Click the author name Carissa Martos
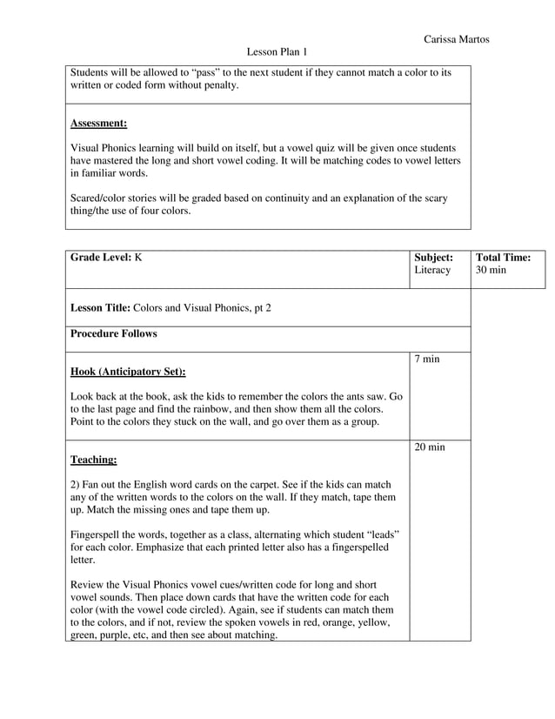click(x=456, y=39)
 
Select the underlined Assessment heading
click(x=98, y=124)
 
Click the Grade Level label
click(x=100, y=258)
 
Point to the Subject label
click(x=433, y=258)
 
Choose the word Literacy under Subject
click(x=432, y=271)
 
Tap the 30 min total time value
click(x=491, y=271)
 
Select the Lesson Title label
click(x=99, y=307)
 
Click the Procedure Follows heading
click(x=114, y=333)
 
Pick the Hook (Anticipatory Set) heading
click(x=127, y=372)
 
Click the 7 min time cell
click(x=426, y=359)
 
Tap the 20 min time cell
click(x=430, y=447)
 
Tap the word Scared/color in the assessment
click(x=101, y=198)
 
